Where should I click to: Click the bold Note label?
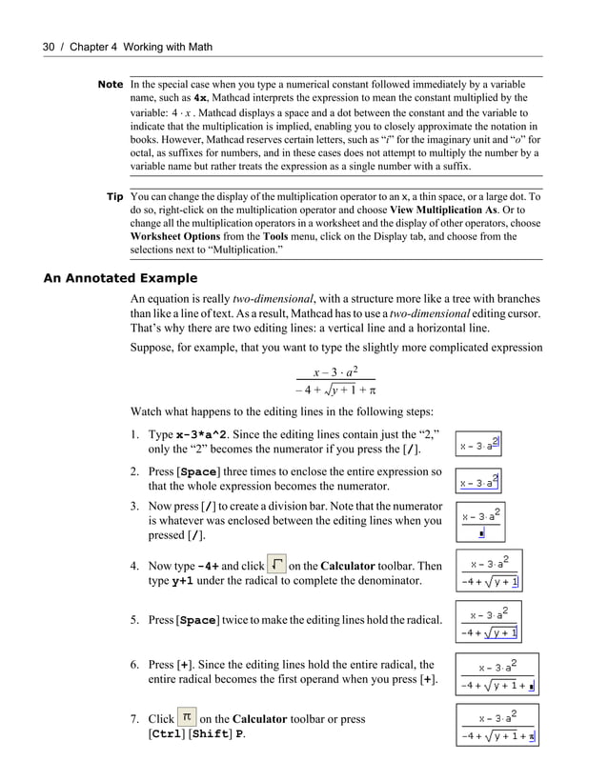click(x=111, y=85)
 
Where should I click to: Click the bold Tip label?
click(x=115, y=197)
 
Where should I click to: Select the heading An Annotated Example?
click(x=121, y=279)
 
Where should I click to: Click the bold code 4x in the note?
click(x=201, y=98)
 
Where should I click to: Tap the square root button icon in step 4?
click(x=277, y=564)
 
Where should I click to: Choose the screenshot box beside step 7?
click(x=496, y=727)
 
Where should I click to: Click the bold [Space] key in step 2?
click(x=198, y=472)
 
